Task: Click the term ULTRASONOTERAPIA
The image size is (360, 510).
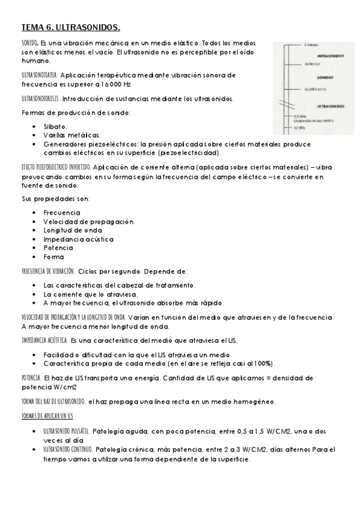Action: [40, 75]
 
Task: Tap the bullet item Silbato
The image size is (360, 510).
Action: [55, 127]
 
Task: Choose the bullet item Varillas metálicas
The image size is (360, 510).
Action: [72, 135]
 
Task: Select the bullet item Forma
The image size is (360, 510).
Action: [53, 257]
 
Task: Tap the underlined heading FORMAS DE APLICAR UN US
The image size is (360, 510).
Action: [47, 416]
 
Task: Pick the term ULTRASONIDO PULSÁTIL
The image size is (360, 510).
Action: [67, 432]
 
